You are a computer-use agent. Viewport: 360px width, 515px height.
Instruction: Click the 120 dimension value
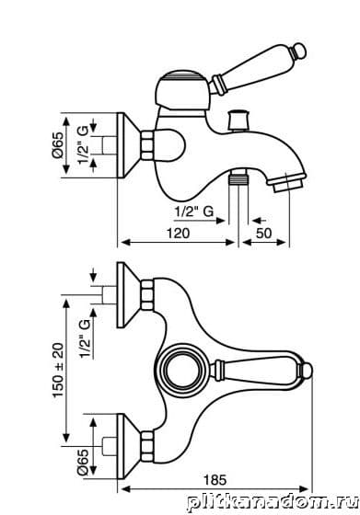pyautogui.click(x=179, y=234)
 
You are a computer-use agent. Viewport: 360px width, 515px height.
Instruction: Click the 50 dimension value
pyautogui.click(x=263, y=234)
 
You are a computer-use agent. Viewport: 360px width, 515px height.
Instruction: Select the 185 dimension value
pyautogui.click(x=215, y=480)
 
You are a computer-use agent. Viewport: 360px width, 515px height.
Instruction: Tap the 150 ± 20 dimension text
pyautogui.click(x=58, y=370)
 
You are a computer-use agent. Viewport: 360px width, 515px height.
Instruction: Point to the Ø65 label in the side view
pyautogui.click(x=57, y=145)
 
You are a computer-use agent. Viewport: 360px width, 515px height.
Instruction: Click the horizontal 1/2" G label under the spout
pyautogui.click(x=194, y=212)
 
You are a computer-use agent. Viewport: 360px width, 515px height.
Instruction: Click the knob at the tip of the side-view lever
pyautogui.click(x=299, y=51)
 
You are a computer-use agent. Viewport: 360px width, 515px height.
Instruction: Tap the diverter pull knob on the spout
pyautogui.click(x=239, y=120)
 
